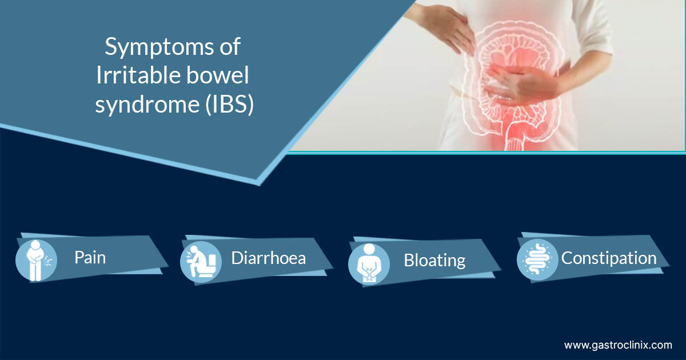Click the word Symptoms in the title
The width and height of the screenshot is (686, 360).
pos(159,47)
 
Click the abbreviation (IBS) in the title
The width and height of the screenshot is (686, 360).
pos(230,104)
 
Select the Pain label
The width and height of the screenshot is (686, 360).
pos(90,258)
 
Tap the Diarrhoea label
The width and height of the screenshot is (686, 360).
pos(268,258)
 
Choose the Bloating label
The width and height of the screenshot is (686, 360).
pos(434,261)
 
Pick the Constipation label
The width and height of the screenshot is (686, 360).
pos(609,258)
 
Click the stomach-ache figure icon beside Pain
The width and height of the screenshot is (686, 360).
pos(36,261)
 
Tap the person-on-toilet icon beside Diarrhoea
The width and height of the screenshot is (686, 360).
pos(201,262)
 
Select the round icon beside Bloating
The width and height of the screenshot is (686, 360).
pos(369,263)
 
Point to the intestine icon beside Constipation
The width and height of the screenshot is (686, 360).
pos(537,259)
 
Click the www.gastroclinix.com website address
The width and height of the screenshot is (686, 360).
pos(618,345)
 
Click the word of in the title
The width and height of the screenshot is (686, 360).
pos(230,46)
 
